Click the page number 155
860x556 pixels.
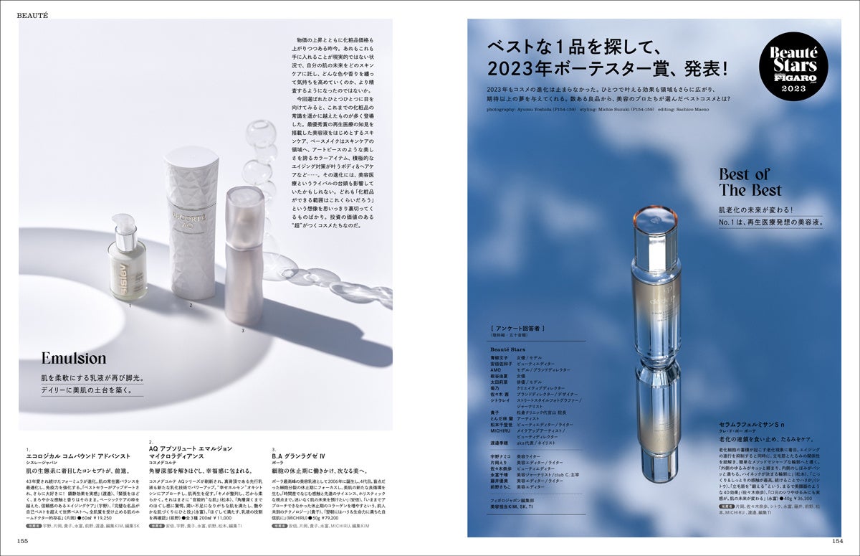pyautogui.click(x=24, y=540)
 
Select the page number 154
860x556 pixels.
pyautogui.click(x=836, y=540)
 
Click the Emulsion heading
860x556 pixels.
pyautogui.click(x=73, y=358)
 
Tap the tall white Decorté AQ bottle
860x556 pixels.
pyautogui.click(x=191, y=222)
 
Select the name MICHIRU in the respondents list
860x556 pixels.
pyautogui.click(x=502, y=429)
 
